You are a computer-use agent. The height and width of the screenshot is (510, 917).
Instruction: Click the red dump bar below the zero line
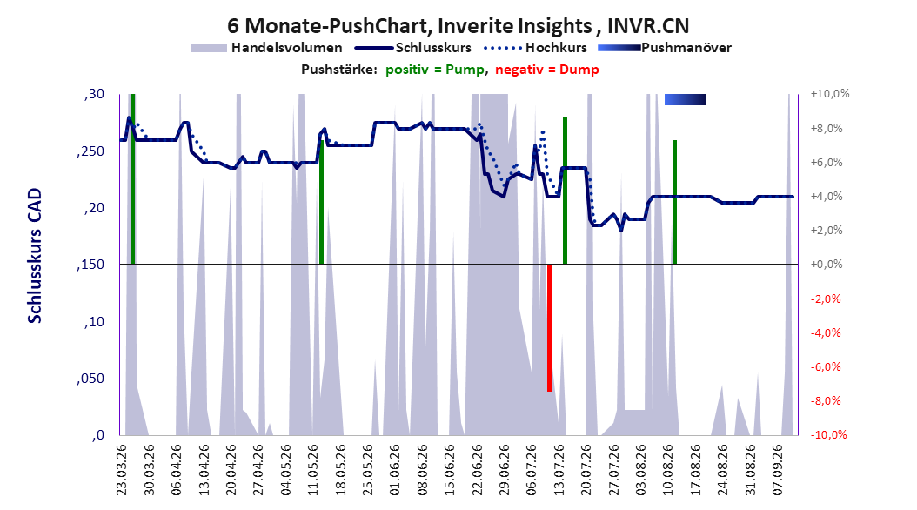(x=549, y=328)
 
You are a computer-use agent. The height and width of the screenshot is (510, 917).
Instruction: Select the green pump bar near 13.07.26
(x=565, y=191)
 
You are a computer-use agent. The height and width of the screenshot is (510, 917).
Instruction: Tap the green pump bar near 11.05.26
(x=321, y=203)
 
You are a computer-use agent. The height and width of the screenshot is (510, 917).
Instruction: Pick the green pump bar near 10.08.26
(x=675, y=203)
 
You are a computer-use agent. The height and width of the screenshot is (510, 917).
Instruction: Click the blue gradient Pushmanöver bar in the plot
(x=686, y=99)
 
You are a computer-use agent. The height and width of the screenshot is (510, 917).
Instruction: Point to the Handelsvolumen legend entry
(x=266, y=48)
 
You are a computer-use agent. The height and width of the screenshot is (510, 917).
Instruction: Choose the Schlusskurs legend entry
(x=413, y=48)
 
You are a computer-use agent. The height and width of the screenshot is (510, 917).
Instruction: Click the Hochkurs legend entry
(x=535, y=48)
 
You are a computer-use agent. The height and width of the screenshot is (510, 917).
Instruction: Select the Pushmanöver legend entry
(x=665, y=48)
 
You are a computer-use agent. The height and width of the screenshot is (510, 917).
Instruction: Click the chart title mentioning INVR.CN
(x=458, y=26)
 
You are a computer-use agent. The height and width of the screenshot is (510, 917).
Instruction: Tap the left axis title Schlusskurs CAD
(x=35, y=256)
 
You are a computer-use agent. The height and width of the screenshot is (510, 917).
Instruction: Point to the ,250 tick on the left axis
(x=90, y=151)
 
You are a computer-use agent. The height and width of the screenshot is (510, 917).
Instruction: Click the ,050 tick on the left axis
(x=90, y=379)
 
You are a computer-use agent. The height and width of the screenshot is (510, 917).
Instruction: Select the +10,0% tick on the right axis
(x=830, y=94)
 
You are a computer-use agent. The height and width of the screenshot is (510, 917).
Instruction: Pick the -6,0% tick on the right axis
(x=826, y=366)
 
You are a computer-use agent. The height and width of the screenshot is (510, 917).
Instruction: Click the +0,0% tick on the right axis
(x=827, y=265)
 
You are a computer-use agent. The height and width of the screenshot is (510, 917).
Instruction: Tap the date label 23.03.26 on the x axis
(x=122, y=470)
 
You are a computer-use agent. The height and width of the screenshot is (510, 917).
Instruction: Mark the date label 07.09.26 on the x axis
(x=777, y=470)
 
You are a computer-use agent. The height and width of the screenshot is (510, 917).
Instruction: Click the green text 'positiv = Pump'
(x=435, y=70)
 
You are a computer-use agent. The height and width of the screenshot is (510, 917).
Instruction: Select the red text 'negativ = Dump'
(x=547, y=70)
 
